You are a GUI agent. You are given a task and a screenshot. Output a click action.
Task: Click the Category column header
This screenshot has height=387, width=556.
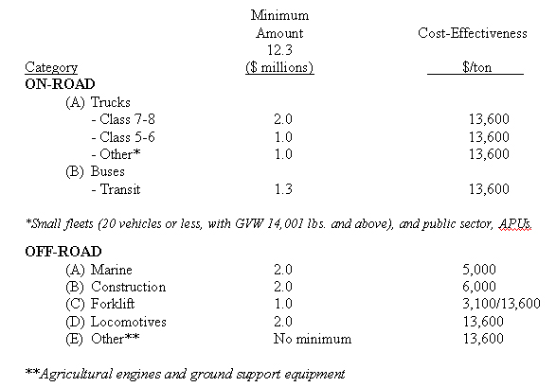click(51, 67)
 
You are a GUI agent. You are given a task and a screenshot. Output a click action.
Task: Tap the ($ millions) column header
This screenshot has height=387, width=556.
click(279, 67)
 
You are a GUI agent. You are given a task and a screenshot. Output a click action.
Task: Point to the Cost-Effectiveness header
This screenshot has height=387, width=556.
click(473, 33)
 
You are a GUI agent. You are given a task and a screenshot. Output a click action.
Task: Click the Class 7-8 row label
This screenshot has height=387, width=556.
click(122, 119)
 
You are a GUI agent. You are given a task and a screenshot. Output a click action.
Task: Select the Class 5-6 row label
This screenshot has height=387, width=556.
click(122, 136)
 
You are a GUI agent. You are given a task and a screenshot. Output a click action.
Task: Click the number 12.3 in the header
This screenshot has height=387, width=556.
click(279, 50)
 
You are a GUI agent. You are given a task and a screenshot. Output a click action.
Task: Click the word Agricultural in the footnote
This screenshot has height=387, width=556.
click(75, 373)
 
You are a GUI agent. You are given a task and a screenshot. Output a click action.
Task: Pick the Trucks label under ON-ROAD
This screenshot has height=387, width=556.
click(111, 101)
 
